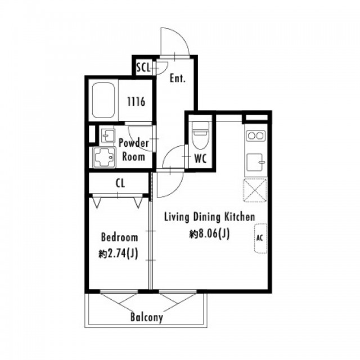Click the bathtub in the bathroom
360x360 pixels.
point(103,100)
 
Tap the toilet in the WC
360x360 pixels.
point(200,136)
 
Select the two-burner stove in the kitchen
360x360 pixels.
point(255,136)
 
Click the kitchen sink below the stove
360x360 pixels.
point(255,163)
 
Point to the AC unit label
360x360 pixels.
point(259,238)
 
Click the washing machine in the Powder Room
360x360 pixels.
point(104,157)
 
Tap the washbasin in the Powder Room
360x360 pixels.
point(107,136)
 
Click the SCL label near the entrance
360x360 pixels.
point(143,67)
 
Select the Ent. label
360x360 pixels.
point(178,78)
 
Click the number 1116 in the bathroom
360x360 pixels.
point(136,101)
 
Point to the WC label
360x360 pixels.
point(200,158)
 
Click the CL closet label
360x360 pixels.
point(120,183)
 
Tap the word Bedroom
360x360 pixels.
point(120,237)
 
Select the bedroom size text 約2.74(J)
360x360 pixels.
point(119,254)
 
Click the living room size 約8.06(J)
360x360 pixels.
point(209,234)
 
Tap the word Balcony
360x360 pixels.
point(147,317)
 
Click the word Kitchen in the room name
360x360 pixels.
point(240,217)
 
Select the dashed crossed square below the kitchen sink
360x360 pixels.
point(255,190)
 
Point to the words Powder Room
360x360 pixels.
point(134,150)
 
